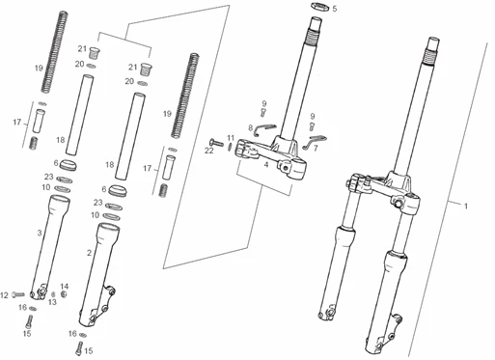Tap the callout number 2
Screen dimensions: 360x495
tap(90, 253)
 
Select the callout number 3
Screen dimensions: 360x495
tap(39, 233)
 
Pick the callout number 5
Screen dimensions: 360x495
tap(335, 9)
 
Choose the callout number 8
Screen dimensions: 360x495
tap(250, 127)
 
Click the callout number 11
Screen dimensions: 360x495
tap(231, 137)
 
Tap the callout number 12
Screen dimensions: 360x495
tap(4, 293)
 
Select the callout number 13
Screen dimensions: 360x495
tap(52, 301)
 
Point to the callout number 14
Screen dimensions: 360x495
tap(65, 287)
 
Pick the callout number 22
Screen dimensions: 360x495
tap(208, 151)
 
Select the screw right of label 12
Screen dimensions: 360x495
tap(19, 293)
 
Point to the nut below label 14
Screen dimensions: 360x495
tap(65, 295)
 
